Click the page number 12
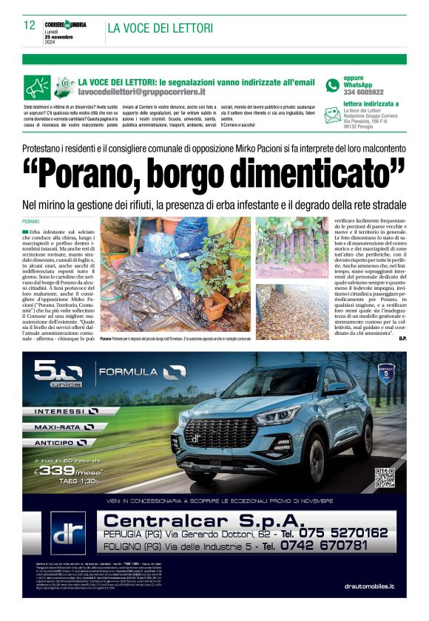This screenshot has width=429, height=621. pyautogui.click(x=29, y=25)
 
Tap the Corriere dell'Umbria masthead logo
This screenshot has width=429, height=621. pyautogui.click(x=65, y=24)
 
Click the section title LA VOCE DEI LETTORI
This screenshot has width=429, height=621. pyautogui.click(x=160, y=28)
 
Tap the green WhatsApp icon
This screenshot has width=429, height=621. pyautogui.click(x=333, y=85)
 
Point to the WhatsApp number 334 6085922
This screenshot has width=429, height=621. pyautogui.click(x=363, y=92)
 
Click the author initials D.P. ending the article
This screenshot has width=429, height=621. pyautogui.click(x=402, y=338)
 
